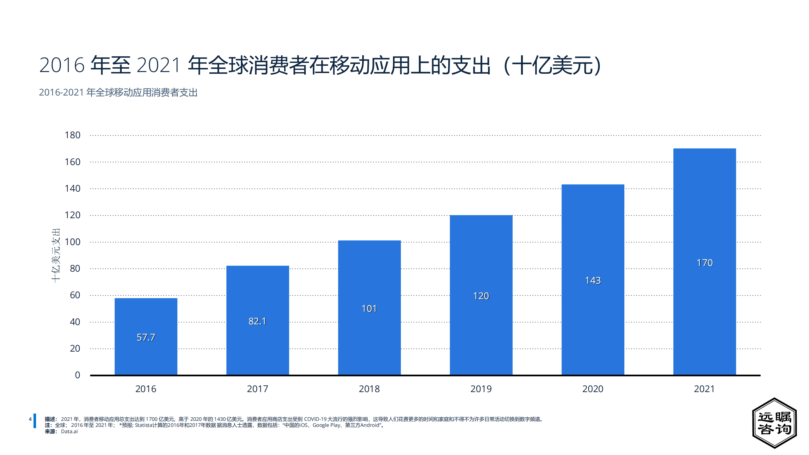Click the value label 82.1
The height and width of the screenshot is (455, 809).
coord(257,321)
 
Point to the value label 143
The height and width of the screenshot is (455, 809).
coord(593,280)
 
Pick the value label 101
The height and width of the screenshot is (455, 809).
coord(369,309)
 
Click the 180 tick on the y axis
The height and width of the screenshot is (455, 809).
coord(72,135)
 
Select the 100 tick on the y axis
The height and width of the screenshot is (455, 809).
coord(72,242)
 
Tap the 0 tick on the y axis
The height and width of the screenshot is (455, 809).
coord(77,375)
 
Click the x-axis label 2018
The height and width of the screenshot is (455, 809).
coord(369,389)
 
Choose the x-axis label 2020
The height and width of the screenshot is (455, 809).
coord(593,389)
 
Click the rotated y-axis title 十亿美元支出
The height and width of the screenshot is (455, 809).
coord(56,255)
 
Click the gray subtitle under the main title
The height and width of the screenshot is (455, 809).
coord(118,92)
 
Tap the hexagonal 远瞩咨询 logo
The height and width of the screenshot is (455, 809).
coord(774,423)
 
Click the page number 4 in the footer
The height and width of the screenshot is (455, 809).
coord(30,419)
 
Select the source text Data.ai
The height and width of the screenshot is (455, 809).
coord(69,432)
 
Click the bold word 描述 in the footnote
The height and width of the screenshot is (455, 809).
coord(50,419)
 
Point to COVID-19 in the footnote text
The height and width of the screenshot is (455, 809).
coord(315,419)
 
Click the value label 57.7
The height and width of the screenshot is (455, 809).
coord(146,337)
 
